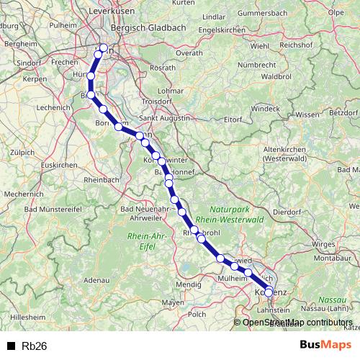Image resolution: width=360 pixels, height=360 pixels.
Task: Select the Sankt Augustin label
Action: click(165, 117)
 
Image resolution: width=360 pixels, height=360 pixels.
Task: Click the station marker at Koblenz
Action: click(269, 292)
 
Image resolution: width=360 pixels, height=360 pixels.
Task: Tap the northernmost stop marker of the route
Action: click(103, 48)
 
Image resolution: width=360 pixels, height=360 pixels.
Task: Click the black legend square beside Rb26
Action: click(10, 346)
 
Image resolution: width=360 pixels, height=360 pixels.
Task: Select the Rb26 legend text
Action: click(35, 346)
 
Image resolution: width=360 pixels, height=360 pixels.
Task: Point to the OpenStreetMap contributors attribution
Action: click(297, 322)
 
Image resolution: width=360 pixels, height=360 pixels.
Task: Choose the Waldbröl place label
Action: click(276, 75)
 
